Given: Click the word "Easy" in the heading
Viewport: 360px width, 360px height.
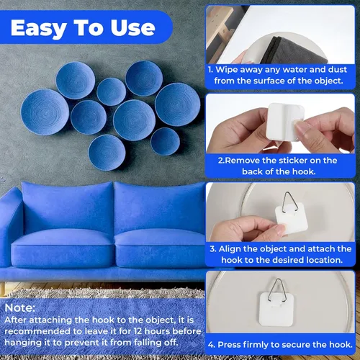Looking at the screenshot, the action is [38, 29].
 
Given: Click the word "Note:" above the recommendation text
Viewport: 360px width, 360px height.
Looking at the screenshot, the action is [20, 307].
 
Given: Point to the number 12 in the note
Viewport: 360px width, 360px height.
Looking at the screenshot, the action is [138, 331].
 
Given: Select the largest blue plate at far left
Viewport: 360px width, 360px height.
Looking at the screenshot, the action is [45, 112].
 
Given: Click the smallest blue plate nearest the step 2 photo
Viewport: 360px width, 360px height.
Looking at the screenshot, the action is [166, 142].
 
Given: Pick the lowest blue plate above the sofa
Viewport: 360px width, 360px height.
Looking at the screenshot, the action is [107, 153].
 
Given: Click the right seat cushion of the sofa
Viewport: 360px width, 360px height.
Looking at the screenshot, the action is [161, 247].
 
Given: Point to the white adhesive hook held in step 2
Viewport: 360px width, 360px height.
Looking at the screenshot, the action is [285, 122].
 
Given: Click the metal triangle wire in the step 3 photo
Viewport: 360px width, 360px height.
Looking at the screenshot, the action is [289, 202].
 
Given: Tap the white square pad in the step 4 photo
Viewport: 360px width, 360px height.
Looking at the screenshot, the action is [276, 309].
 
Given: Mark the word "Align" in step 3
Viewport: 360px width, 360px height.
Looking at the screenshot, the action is [229, 249].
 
